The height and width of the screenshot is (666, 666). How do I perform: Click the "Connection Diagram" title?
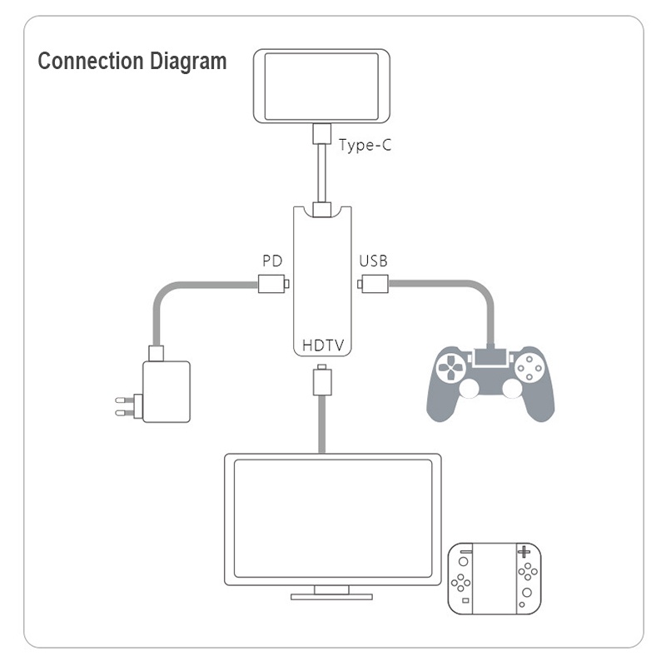coord(132,62)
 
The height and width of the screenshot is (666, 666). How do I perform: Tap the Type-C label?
coord(365,145)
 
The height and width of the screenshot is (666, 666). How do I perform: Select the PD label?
coord(272,261)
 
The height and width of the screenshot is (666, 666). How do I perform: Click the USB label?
coord(373,261)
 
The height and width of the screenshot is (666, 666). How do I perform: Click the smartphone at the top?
coord(321,86)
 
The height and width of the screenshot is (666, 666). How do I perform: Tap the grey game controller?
coord(491,383)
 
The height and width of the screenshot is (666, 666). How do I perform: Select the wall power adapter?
coord(166,391)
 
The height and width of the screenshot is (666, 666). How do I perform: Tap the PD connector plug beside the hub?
coord(272,284)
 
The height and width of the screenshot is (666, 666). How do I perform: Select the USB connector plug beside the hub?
coord(373,284)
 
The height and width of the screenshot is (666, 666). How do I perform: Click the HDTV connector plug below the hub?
coord(321,380)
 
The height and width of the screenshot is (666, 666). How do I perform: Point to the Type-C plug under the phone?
coord(321,134)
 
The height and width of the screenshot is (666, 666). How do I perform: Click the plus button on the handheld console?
coord(523,552)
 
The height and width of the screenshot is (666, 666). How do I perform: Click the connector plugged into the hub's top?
coord(321,207)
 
